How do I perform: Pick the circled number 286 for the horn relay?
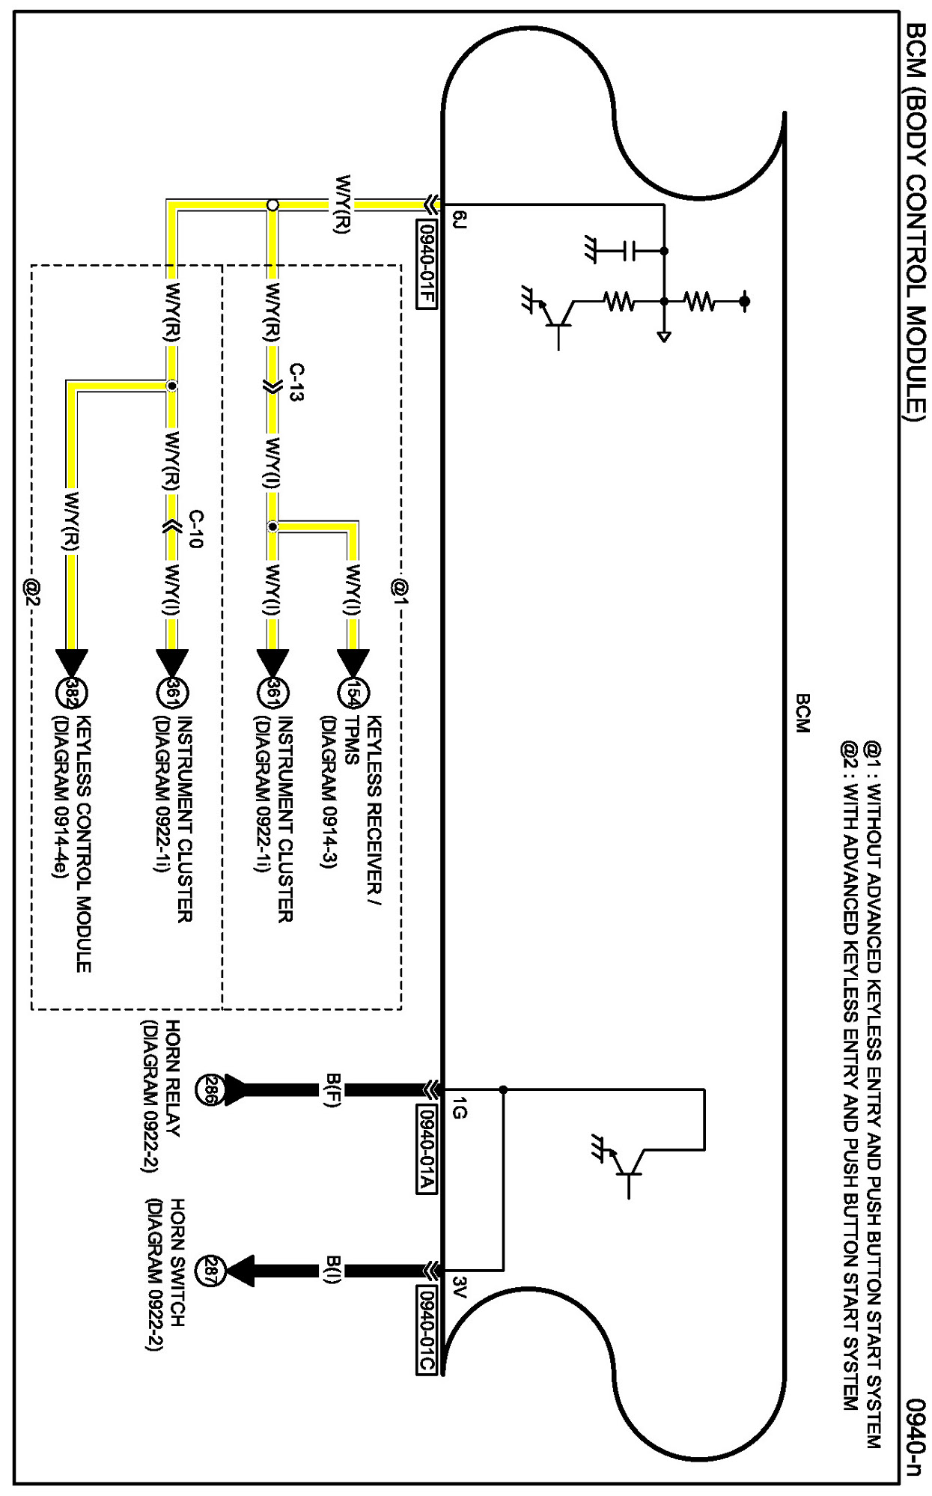click(x=209, y=1089)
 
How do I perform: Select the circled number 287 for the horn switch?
click(x=209, y=1271)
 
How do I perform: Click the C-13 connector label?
click(x=296, y=383)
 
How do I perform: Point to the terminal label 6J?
click(x=460, y=219)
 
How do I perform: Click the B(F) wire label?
click(x=334, y=1089)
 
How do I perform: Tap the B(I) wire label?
click(x=334, y=1271)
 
